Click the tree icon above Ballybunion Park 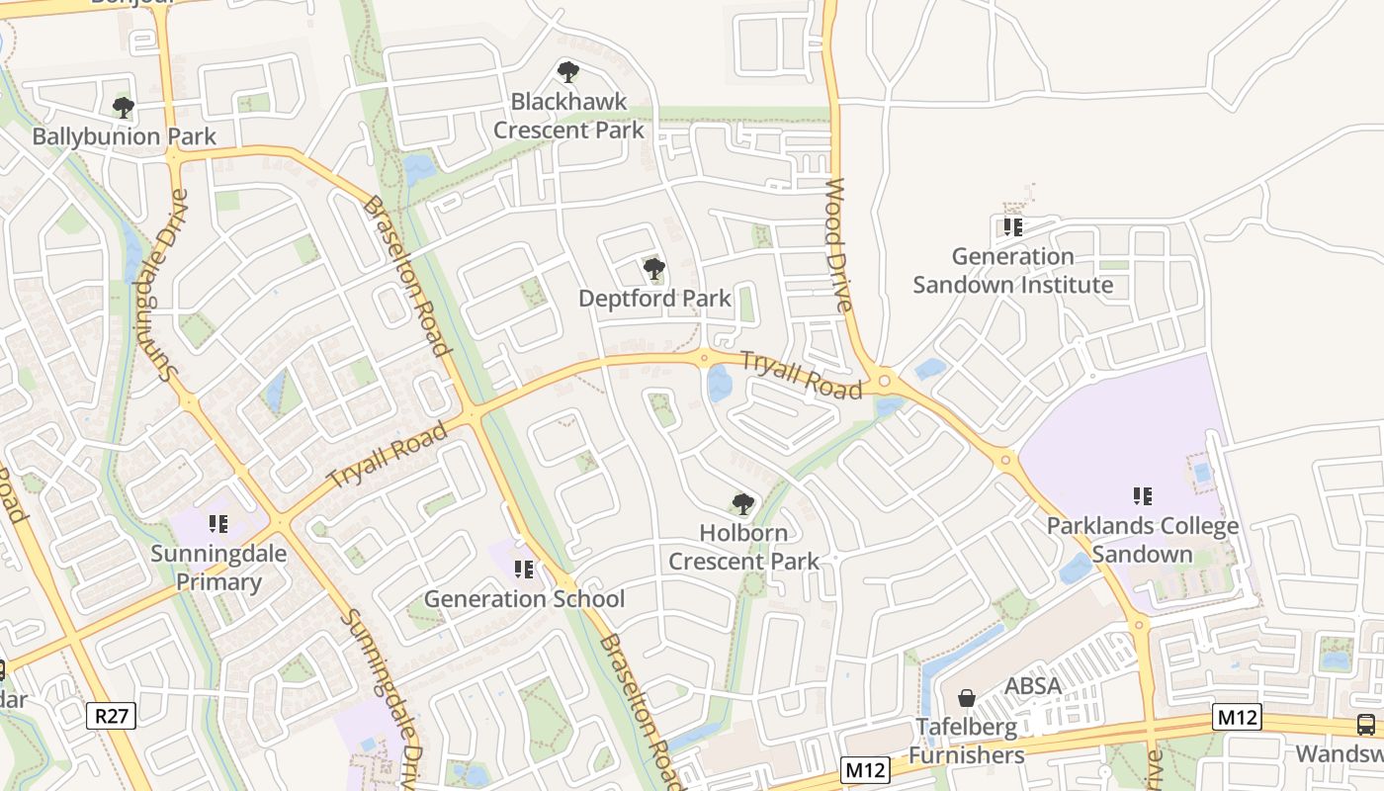point(123,107)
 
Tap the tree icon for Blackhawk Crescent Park point(567,72)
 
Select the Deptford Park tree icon point(653,268)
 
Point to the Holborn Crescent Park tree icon point(743,504)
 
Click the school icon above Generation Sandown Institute point(1012,227)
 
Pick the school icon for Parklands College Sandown point(1143,496)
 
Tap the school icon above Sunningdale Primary point(218,523)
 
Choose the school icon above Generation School point(524,570)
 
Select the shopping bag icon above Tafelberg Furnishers point(967,698)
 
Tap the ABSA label point(1033,686)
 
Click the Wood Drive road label point(838,245)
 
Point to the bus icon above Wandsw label point(1365,724)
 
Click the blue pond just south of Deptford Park point(720,383)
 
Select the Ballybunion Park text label point(124,136)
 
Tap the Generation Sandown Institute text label point(1012,271)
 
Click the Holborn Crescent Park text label point(743,547)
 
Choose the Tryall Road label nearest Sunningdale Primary point(388,457)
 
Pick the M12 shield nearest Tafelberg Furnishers point(866,769)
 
